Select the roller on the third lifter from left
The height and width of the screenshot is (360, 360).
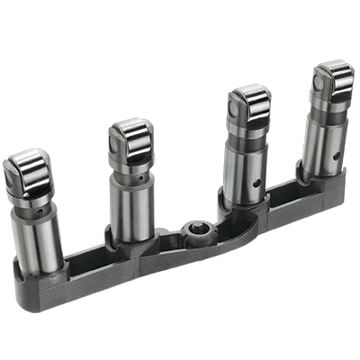point(250,98)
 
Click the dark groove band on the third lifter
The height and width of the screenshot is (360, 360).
point(247,135)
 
